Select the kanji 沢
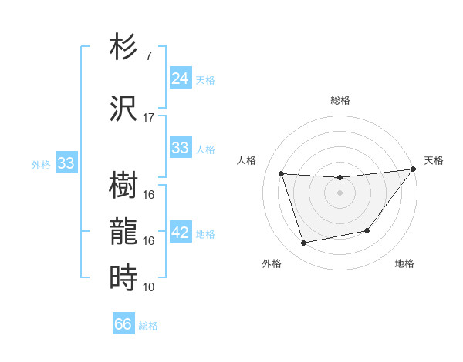tap(124, 108)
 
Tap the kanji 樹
tap(124, 185)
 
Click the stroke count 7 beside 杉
tap(149, 56)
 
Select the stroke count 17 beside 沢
tap(149, 118)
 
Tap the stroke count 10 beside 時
tap(149, 287)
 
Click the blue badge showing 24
tap(180, 78)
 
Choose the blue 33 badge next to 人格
tap(180, 148)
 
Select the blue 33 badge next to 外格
tap(66, 163)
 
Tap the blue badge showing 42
tap(180, 233)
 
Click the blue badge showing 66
tap(123, 324)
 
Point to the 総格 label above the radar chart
tap(340, 100)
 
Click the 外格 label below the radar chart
tap(272, 263)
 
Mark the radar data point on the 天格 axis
tap(414, 169)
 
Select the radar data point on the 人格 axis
tap(282, 174)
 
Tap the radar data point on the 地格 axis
tap(367, 230)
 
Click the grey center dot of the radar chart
tap(340, 193)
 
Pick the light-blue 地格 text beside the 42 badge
tap(206, 234)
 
